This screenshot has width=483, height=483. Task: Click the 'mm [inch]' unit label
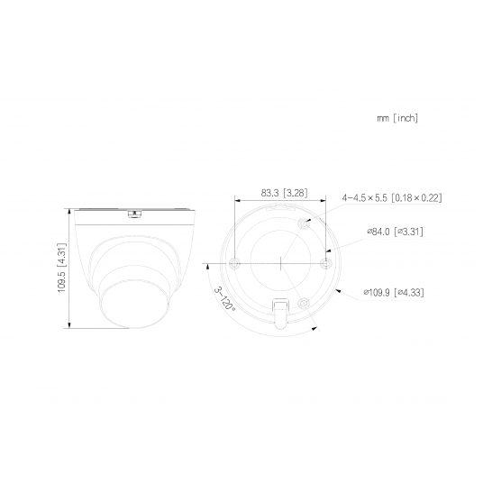coord(397,118)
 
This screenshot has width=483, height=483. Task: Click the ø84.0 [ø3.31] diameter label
coord(395,232)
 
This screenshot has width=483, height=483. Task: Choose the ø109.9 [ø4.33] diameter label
coord(394,292)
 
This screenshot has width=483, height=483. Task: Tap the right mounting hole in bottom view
coord(327,263)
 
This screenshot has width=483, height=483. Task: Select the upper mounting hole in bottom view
coord(304,223)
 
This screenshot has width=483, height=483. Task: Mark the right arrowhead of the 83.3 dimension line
coord(326,201)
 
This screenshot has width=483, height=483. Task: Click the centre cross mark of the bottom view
coord(281,263)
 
